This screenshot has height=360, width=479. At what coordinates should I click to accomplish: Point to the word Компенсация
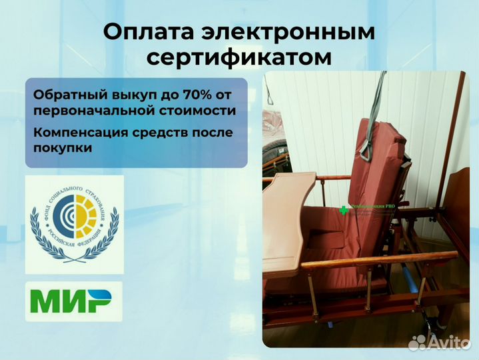coord(83,132)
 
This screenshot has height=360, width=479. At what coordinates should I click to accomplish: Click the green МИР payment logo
coord(74,302)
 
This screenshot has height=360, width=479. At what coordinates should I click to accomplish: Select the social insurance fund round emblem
coord(75,224)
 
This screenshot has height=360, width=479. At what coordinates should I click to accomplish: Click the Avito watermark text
coord(448,342)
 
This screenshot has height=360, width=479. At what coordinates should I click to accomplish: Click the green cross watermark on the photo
coord(344,209)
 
